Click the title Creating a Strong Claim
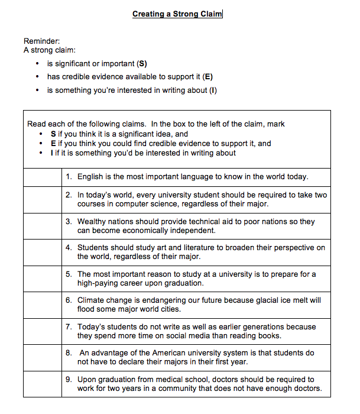point(177,14)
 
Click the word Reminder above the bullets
point(42,41)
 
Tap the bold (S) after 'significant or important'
point(142,63)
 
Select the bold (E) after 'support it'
point(207,77)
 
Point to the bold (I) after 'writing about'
point(213,90)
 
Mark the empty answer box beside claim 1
point(42,176)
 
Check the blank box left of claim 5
point(42,278)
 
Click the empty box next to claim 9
point(42,383)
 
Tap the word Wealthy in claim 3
point(93,221)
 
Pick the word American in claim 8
point(160,352)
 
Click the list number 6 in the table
point(69,300)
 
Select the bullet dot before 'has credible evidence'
point(38,77)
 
